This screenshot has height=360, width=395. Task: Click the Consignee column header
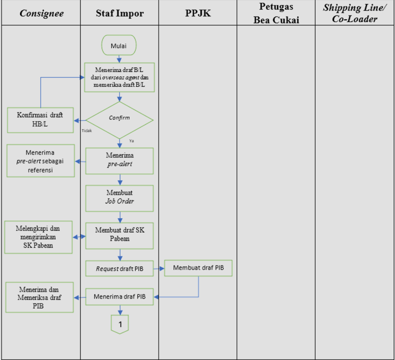(x=41, y=13)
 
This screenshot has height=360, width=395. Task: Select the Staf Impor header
(x=119, y=13)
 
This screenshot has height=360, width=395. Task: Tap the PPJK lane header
(x=197, y=13)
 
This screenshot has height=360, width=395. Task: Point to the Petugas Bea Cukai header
(x=276, y=13)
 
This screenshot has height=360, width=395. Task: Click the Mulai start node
(x=118, y=46)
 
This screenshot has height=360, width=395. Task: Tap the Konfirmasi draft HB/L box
(x=40, y=120)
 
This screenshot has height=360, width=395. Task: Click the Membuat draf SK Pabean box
(x=119, y=234)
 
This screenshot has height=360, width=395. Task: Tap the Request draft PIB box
(x=119, y=268)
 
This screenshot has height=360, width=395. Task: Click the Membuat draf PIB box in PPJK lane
(x=198, y=268)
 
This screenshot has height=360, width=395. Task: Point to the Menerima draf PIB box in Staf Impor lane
(x=119, y=296)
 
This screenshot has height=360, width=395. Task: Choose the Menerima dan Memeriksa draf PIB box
(x=39, y=297)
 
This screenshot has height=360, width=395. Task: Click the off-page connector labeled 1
(x=119, y=323)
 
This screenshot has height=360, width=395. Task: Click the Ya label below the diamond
(x=131, y=141)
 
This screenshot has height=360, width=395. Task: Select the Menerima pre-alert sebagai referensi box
(x=40, y=160)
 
